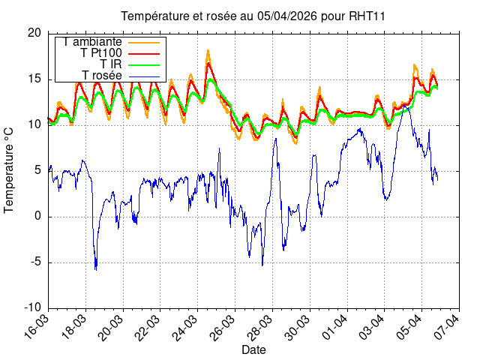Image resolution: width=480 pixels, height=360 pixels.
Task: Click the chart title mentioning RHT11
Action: tap(247, 16)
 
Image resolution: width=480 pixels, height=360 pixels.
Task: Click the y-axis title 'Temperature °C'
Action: tap(10, 169)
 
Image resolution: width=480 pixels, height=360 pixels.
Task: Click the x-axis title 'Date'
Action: tap(253, 350)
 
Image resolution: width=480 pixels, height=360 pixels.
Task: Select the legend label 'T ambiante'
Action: tap(93, 42)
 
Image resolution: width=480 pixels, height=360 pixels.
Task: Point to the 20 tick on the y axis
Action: tap(34, 33)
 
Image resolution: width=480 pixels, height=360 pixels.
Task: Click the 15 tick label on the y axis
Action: tap(34, 79)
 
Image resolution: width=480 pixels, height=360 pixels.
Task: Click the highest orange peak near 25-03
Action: tap(208, 51)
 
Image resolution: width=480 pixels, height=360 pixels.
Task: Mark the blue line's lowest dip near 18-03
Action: tap(96, 269)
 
